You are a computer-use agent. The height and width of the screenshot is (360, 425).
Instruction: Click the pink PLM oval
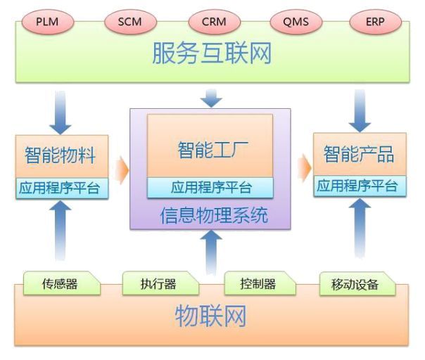tap(48, 22)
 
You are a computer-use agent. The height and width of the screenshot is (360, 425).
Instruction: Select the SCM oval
tap(130, 22)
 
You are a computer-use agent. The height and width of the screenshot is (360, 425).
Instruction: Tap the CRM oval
tap(213, 22)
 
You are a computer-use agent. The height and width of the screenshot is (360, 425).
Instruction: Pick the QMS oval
tap(296, 22)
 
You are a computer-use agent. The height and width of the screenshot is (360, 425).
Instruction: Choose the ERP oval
tap(375, 22)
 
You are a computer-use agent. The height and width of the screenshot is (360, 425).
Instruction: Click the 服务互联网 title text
tap(212, 53)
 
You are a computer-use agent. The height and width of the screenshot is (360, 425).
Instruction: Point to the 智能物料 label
tap(61, 155)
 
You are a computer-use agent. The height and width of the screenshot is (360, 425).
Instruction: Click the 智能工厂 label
tap(209, 149)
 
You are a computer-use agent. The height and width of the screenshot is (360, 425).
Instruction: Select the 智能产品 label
tap(358, 154)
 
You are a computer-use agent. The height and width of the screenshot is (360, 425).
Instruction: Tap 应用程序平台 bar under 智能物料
tap(62, 188)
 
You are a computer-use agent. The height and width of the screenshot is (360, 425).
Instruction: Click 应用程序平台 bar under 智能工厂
tap(210, 188)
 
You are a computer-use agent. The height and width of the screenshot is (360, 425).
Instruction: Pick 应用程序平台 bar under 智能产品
tap(358, 186)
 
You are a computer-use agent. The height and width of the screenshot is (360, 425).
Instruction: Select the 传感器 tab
tap(60, 284)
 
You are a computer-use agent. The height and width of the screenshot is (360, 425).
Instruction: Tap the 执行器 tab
tap(158, 284)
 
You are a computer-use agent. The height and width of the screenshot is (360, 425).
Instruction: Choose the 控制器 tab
tap(258, 284)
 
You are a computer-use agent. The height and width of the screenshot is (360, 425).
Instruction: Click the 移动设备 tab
tap(355, 284)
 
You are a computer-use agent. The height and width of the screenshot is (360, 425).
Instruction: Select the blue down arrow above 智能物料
tap(61, 112)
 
